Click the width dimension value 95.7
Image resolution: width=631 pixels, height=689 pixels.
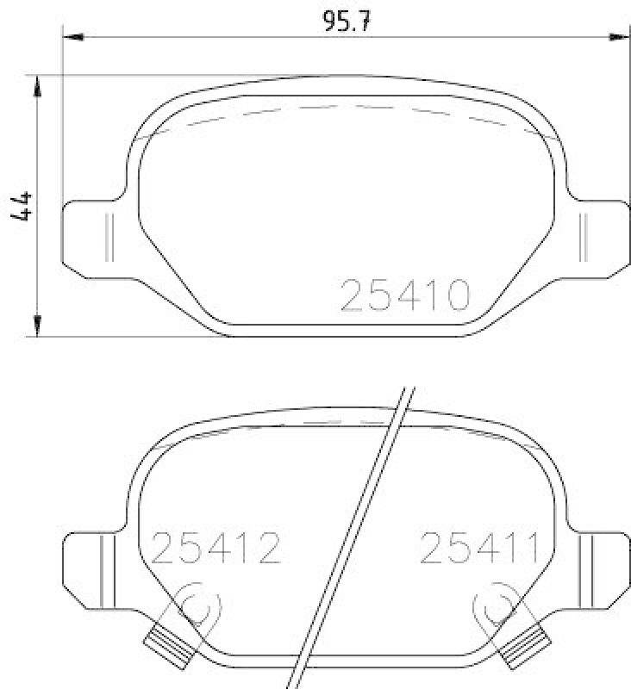347,21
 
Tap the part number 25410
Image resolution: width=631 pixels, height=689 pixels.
405,296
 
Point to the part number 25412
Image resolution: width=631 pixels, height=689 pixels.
216,548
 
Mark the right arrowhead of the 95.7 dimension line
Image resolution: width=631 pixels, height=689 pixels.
618,36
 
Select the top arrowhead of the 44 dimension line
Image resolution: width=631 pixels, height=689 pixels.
37,84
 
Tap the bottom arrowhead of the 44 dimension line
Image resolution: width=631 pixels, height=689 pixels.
37,326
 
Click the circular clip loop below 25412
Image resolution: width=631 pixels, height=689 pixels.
197,607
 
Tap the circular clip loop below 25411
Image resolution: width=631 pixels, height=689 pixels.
497,607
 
